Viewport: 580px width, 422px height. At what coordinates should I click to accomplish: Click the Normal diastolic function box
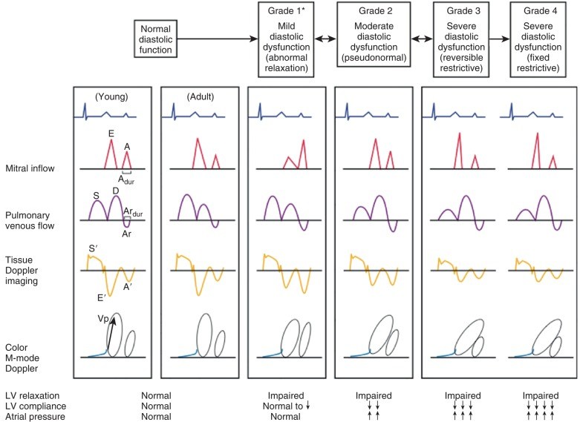click(155, 39)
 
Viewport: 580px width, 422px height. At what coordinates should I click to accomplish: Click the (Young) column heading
click(111, 96)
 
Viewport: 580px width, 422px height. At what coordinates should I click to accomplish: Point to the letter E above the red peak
click(111, 133)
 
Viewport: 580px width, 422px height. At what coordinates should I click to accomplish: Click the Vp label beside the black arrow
click(104, 318)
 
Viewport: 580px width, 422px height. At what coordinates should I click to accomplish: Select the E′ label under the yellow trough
click(98, 299)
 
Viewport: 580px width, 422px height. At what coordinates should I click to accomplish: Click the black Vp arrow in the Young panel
click(111, 338)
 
